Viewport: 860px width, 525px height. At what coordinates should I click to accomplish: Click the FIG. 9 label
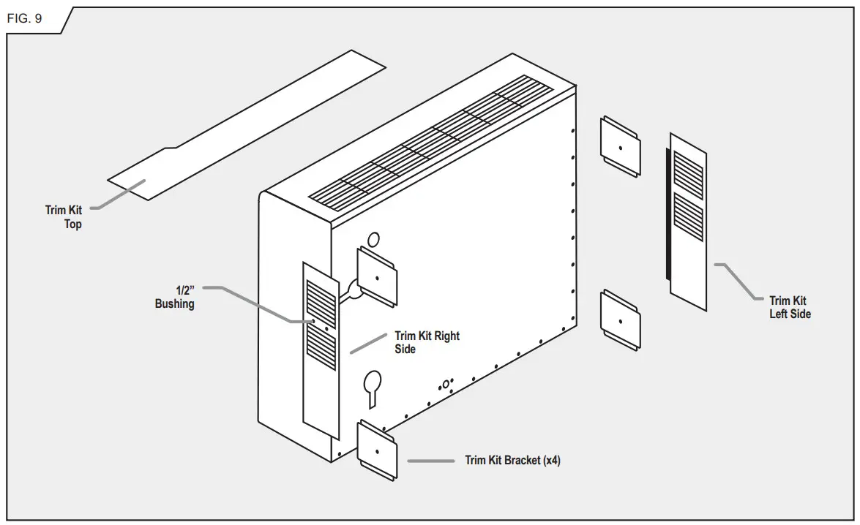tap(24, 19)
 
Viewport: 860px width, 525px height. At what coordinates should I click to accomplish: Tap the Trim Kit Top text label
tap(64, 217)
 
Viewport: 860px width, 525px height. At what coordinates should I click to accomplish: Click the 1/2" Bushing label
tap(175, 296)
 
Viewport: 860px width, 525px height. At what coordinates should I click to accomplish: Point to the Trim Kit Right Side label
tap(427, 342)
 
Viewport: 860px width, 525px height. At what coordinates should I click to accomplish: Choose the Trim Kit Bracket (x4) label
tap(513, 461)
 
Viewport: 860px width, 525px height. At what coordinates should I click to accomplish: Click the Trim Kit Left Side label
tap(789, 307)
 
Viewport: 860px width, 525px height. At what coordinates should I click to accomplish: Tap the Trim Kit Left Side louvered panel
tap(688, 222)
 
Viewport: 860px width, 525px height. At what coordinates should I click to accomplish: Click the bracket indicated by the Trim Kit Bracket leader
tap(377, 450)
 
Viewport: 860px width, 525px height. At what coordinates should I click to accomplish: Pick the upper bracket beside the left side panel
tap(621, 147)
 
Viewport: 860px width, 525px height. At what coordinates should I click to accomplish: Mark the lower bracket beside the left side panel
tap(621, 320)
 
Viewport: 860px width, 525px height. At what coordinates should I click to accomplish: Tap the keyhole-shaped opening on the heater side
tap(372, 385)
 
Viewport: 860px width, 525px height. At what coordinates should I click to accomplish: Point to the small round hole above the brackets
tap(373, 238)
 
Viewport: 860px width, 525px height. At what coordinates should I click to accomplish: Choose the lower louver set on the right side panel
tap(321, 350)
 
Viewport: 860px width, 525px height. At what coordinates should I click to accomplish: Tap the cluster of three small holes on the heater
tap(446, 384)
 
